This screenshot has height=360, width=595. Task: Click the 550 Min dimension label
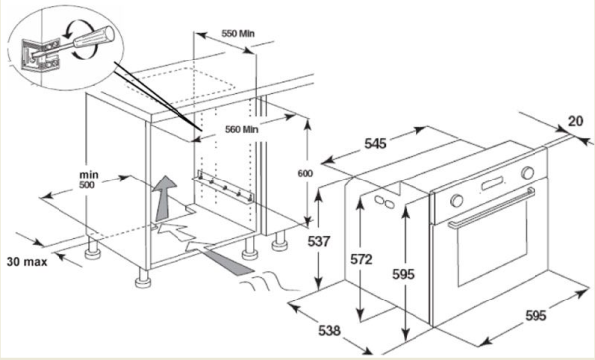click(238, 34)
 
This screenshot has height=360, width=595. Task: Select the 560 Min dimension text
click(242, 129)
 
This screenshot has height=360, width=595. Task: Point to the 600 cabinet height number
click(305, 173)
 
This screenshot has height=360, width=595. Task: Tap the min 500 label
click(88, 180)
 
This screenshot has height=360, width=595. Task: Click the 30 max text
click(27, 262)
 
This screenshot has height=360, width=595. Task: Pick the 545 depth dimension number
click(375, 144)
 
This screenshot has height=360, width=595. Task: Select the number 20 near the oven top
click(575, 121)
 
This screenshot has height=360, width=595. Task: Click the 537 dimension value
click(319, 241)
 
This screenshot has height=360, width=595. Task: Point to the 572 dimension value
click(361, 260)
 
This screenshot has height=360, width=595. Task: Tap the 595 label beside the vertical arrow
click(403, 274)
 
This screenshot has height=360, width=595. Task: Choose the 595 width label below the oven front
click(535, 315)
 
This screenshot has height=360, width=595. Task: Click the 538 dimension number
click(329, 331)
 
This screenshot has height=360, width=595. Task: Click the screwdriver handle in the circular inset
click(94, 37)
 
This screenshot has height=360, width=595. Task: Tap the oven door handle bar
click(492, 208)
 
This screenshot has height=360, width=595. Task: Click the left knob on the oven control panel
click(457, 200)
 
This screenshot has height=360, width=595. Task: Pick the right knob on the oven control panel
click(528, 173)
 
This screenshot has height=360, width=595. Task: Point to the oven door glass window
click(492, 244)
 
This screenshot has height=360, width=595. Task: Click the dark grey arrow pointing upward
click(165, 198)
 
